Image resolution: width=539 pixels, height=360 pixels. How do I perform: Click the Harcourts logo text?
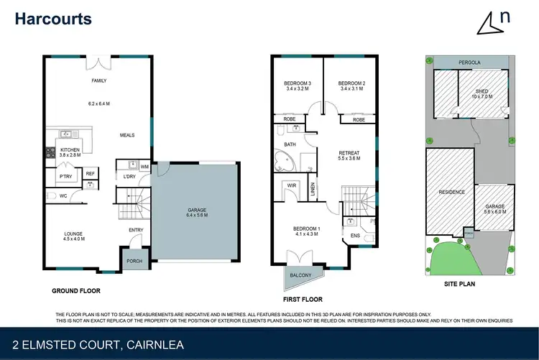click(53, 19)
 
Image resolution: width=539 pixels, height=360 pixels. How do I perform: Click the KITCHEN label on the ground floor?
click(70, 149)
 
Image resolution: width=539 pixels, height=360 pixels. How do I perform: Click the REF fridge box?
click(91, 173)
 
